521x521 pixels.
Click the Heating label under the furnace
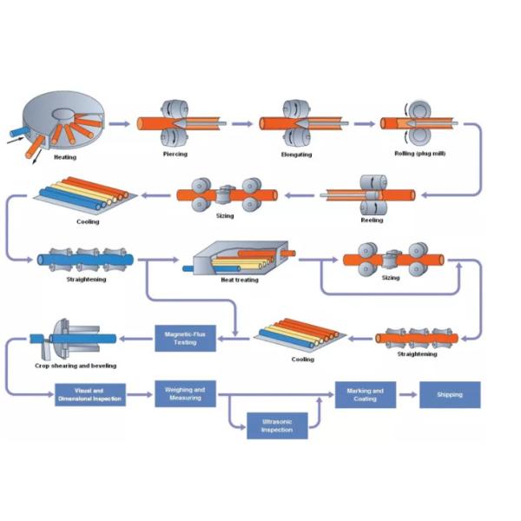pyautogui.click(x=64, y=158)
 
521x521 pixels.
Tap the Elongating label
pyautogui.click(x=296, y=155)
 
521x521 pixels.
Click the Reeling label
pyautogui.click(x=371, y=220)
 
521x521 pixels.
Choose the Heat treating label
pyautogui.click(x=239, y=280)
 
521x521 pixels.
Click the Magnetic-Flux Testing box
pyautogui.click(x=185, y=338)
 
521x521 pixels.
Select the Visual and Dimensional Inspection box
pyautogui.click(x=90, y=395)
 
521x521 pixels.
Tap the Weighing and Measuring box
pyautogui.click(x=185, y=394)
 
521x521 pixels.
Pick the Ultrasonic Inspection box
pyautogui.click(x=277, y=425)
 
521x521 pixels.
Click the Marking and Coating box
pyautogui.click(x=365, y=394)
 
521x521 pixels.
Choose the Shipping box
pyautogui.click(x=450, y=394)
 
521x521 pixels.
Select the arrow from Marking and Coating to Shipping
pyautogui.click(x=407, y=395)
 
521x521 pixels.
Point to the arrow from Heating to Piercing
pyautogui.click(x=122, y=124)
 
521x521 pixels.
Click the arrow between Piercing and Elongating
pyautogui.click(x=243, y=124)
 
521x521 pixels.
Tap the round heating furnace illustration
pyautogui.click(x=62, y=122)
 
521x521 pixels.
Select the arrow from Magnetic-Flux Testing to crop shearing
pyautogui.click(x=135, y=338)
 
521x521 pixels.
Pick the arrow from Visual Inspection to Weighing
pyautogui.click(x=140, y=395)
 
